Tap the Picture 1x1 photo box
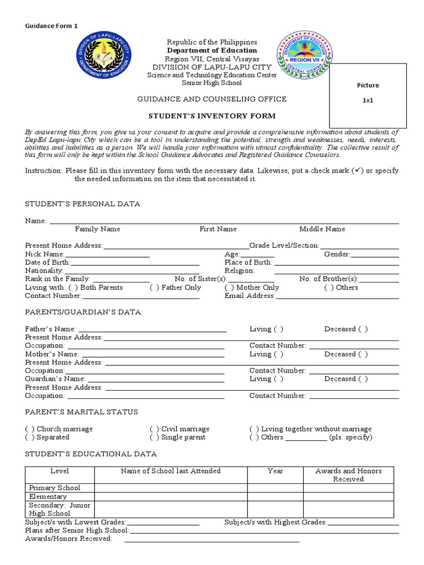tap(368, 95)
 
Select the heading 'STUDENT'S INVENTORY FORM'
tap(211, 116)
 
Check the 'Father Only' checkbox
tap(155, 287)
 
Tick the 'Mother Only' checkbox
tap(229, 287)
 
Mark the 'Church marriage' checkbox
tap(30, 429)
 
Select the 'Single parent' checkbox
tap(155, 437)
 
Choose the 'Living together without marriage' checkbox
tap(254, 429)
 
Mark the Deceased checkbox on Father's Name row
tap(363, 329)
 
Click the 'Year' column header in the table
tap(275, 471)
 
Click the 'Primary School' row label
tap(55, 488)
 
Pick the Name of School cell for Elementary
tap(171, 497)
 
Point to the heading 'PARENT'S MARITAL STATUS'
tap(81, 412)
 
